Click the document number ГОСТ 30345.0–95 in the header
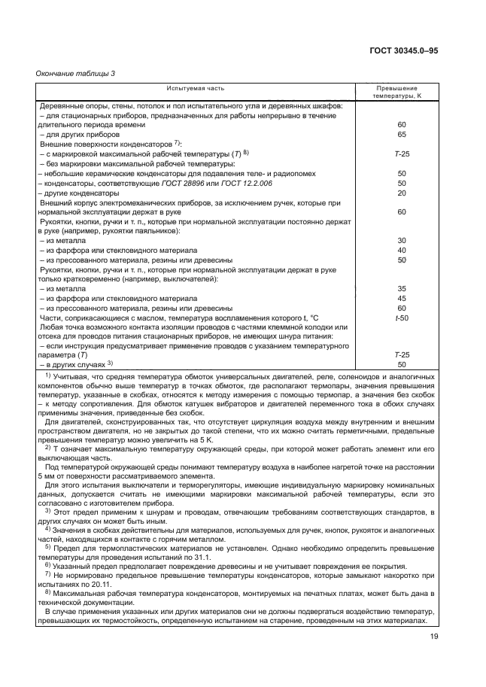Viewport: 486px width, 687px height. click(405, 50)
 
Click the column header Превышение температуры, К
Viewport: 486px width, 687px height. click(401, 93)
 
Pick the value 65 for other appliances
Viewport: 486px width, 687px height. click(401, 133)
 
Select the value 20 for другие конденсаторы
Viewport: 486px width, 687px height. click(401, 193)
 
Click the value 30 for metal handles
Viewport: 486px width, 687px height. click(401, 241)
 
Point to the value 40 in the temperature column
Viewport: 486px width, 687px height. click(401, 251)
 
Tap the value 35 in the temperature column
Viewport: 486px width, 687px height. click(401, 288)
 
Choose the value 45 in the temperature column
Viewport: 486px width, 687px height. click(401, 298)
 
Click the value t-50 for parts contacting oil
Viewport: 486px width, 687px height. click(401, 318)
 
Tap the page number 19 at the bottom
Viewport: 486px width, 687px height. click(434, 637)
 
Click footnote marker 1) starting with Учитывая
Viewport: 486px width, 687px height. click(47, 374)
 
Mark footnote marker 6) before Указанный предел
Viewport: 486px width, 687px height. click(47, 565)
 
